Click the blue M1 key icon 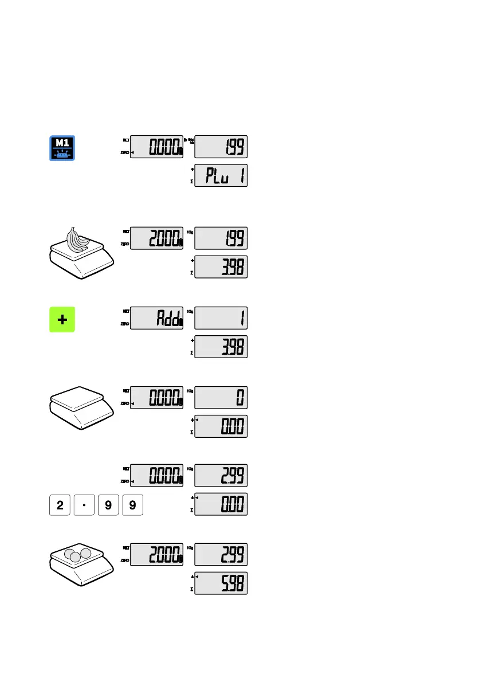[62, 148]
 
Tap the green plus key [62, 319]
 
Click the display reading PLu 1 [221, 176]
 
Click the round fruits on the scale [78, 555]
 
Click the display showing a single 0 [221, 398]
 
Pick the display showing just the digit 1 [221, 318]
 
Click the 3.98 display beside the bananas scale [221, 267]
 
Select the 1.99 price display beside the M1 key [221, 147]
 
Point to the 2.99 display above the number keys [221, 476]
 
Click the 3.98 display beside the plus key [221, 347]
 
